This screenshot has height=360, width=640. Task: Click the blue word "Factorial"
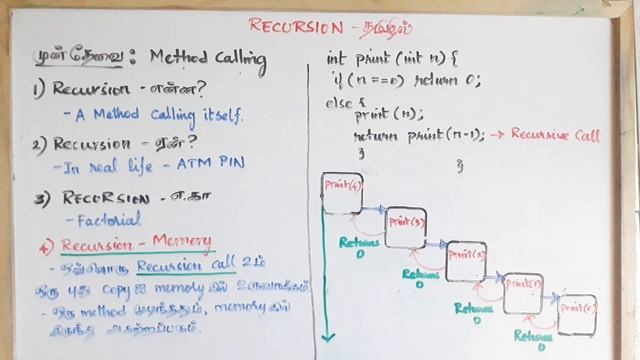103,218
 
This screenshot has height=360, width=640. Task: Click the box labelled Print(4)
341,192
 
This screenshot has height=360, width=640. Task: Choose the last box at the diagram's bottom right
577,314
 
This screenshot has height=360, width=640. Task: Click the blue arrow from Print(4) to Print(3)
373,209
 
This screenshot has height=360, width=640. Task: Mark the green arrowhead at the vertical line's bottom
326,337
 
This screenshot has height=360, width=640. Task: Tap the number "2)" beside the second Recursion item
39,143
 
